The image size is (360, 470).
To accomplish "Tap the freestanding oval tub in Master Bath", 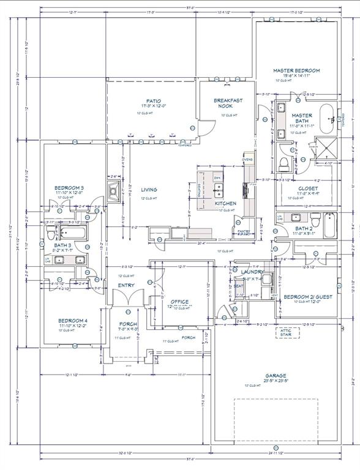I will [x=331, y=117].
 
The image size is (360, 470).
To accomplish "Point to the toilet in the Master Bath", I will [x=283, y=163].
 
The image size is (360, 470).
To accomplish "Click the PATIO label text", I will [x=153, y=101].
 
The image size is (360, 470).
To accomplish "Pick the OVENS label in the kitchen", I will [x=247, y=160].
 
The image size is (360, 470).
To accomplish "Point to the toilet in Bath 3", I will [x=90, y=233].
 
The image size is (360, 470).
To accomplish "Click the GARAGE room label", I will [x=276, y=376].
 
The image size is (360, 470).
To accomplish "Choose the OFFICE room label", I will [x=180, y=302].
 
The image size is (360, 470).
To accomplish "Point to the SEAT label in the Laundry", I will [x=238, y=286].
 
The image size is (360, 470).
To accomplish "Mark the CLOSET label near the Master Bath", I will [x=308, y=188].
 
